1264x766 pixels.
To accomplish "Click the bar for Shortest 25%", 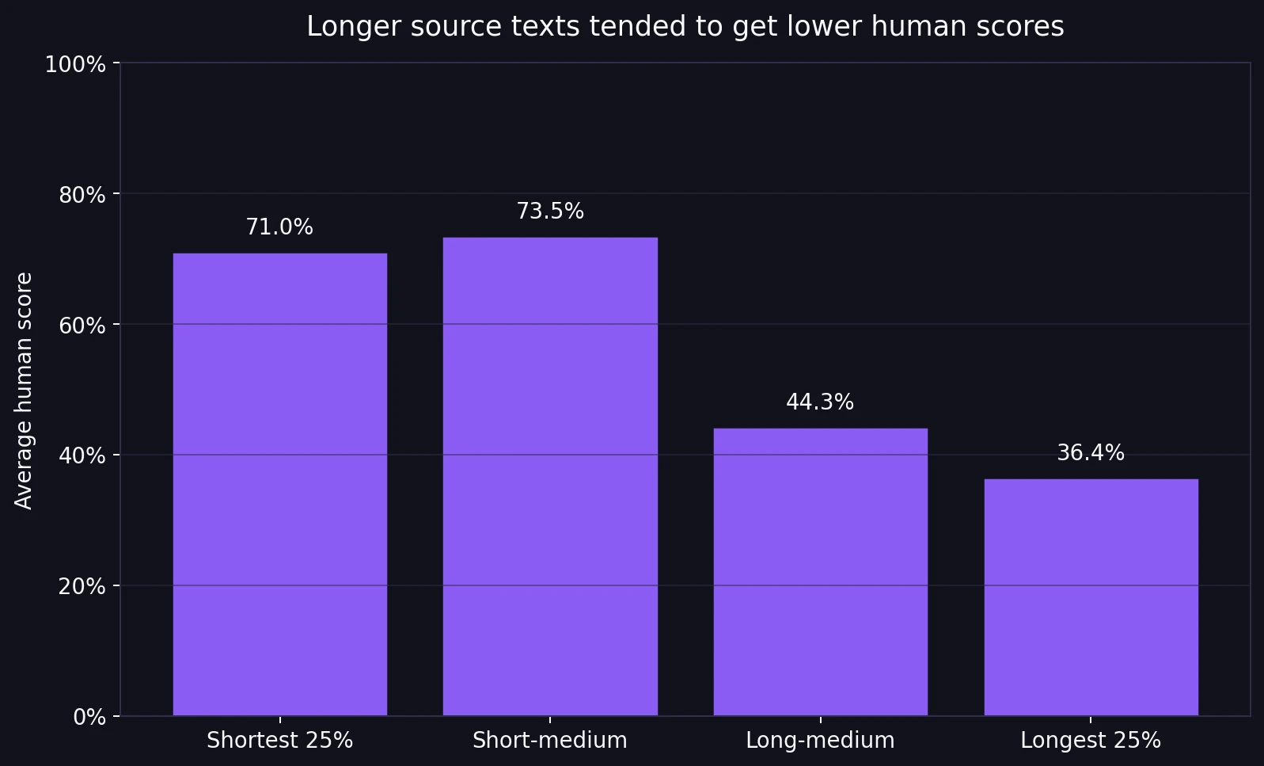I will click(x=279, y=485).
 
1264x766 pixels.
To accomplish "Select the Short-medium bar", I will click(x=550, y=477).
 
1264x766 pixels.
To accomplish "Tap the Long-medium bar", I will click(x=820, y=572).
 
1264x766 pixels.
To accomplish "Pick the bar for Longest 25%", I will click(x=1091, y=597).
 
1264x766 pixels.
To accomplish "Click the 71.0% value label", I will click(x=279, y=227).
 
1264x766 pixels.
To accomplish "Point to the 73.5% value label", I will click(x=550, y=212).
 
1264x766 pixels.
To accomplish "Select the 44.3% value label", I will click(x=820, y=402).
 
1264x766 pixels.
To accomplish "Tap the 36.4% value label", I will click(x=1091, y=453).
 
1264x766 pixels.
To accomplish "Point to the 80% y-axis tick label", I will click(x=82, y=195).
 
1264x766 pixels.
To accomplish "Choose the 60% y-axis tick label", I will click(x=82, y=326).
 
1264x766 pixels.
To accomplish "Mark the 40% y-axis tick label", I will click(x=82, y=456).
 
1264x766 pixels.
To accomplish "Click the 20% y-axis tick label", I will click(x=82, y=587).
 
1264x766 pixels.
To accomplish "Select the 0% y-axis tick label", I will click(x=89, y=718).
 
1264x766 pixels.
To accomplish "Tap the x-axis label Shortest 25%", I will click(x=279, y=741).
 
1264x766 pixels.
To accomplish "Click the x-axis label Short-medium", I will click(x=550, y=741).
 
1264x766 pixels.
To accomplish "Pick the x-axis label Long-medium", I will click(x=820, y=741).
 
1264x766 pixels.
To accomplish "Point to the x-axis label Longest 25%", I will click(x=1091, y=741).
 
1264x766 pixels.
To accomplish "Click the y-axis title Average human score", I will click(x=25, y=391).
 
